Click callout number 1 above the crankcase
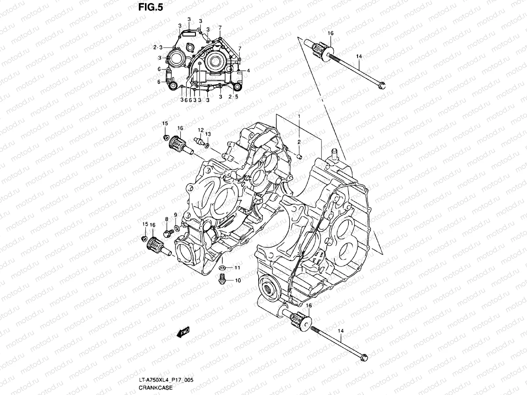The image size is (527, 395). pos(299,117)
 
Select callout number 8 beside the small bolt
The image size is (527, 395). pos(167,219)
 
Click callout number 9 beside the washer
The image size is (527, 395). pos(176,215)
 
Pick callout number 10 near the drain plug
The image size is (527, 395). pos(237,280)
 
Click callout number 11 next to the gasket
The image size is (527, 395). pos(237,268)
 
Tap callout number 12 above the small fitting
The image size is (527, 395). pos(201,130)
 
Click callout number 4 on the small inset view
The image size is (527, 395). pos(248,71)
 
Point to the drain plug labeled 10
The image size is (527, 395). pos(222,279)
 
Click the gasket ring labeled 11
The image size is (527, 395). pos(222,267)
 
